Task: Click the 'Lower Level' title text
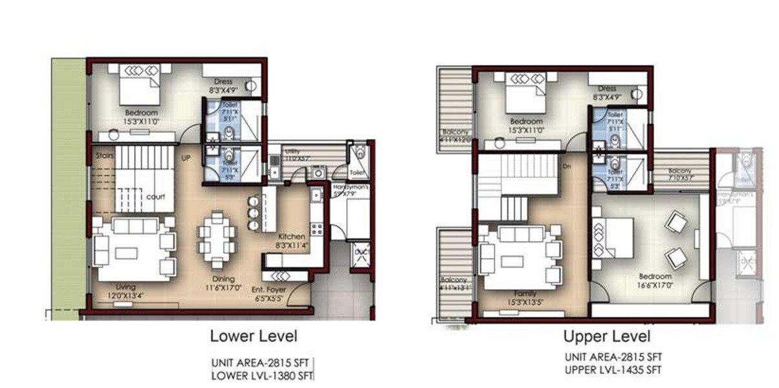tap(254, 336)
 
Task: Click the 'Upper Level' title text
tap(606, 336)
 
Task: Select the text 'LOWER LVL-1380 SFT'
tap(263, 374)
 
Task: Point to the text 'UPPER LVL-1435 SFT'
tap(613, 370)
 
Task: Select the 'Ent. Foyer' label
tap(269, 290)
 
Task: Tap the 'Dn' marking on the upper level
tap(567, 166)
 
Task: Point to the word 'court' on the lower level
tap(155, 197)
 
